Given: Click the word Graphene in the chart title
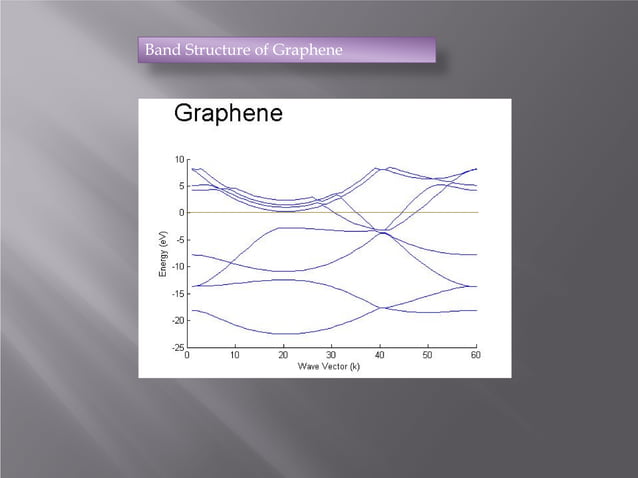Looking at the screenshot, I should (x=228, y=114).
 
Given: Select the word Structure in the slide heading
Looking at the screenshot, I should (x=220, y=50).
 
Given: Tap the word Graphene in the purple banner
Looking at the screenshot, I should (x=307, y=50).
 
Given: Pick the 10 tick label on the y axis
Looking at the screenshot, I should (x=178, y=159).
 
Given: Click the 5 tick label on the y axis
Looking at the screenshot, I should (x=181, y=186).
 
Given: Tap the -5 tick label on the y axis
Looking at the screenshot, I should (x=179, y=240).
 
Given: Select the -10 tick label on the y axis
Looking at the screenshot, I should (x=177, y=267).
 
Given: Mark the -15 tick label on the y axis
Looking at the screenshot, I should (x=177, y=294).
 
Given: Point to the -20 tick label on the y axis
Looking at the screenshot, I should (x=177, y=321).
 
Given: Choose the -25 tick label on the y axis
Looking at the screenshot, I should (x=177, y=348).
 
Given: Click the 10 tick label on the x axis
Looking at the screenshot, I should (x=235, y=355).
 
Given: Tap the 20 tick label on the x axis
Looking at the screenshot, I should (x=284, y=355).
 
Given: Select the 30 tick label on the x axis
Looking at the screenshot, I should (x=332, y=355).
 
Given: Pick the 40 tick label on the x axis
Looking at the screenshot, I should (x=380, y=355).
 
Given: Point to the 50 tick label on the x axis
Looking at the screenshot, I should (x=428, y=355).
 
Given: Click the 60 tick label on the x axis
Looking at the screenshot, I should (x=476, y=355).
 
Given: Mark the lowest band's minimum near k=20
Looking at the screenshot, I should (x=284, y=333).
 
